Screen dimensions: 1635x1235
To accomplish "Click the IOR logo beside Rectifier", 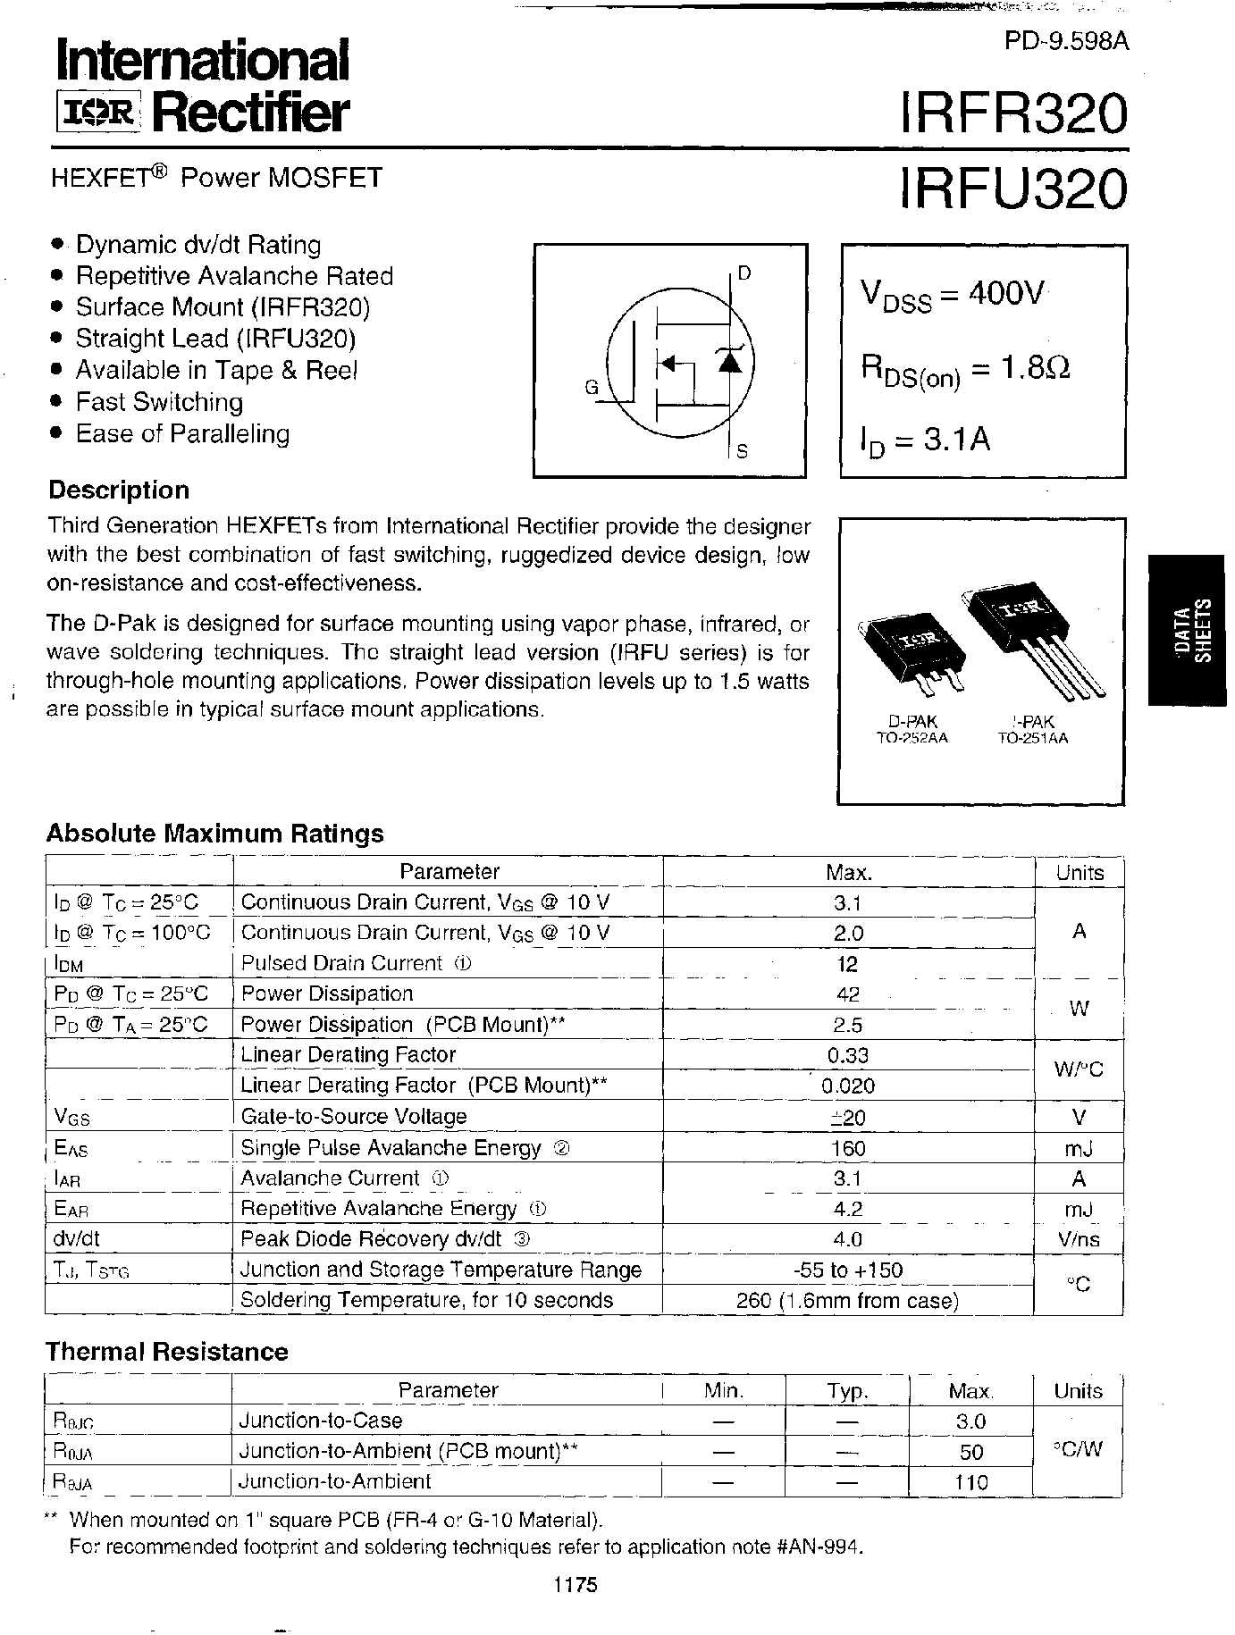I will (97, 113).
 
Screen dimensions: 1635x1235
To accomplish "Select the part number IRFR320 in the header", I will (1012, 114).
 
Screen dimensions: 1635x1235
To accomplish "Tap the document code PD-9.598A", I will (1066, 42).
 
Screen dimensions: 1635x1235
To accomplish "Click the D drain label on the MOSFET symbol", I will (744, 272).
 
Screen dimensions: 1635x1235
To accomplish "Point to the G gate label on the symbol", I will (591, 388).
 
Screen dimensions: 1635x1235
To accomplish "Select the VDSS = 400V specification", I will (952, 294).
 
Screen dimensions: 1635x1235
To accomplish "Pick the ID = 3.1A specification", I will (925, 440).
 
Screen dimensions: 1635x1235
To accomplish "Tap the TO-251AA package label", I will (1032, 738).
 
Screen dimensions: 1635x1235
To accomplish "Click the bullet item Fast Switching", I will (159, 402).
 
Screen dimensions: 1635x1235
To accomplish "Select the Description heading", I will (119, 490).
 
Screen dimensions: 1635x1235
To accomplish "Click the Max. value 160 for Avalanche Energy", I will (847, 1148).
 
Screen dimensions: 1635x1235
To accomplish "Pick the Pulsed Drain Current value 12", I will (847, 964).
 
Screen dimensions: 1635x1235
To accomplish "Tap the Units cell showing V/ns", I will (1078, 1239).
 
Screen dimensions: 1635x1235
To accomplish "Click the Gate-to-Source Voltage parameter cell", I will (354, 1117).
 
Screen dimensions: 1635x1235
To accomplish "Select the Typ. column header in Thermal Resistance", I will (846, 1391).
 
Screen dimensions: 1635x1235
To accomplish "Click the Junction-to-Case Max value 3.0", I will (970, 1421).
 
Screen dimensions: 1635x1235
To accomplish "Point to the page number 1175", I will (574, 1585).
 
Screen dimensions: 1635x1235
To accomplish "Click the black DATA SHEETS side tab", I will (1191, 630).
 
